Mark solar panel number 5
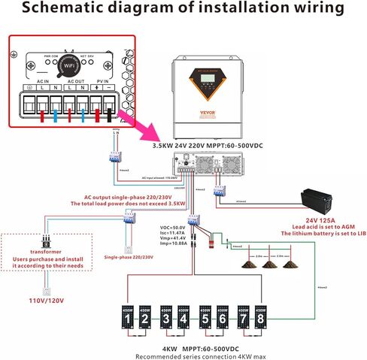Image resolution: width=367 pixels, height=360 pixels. point(205,319)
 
